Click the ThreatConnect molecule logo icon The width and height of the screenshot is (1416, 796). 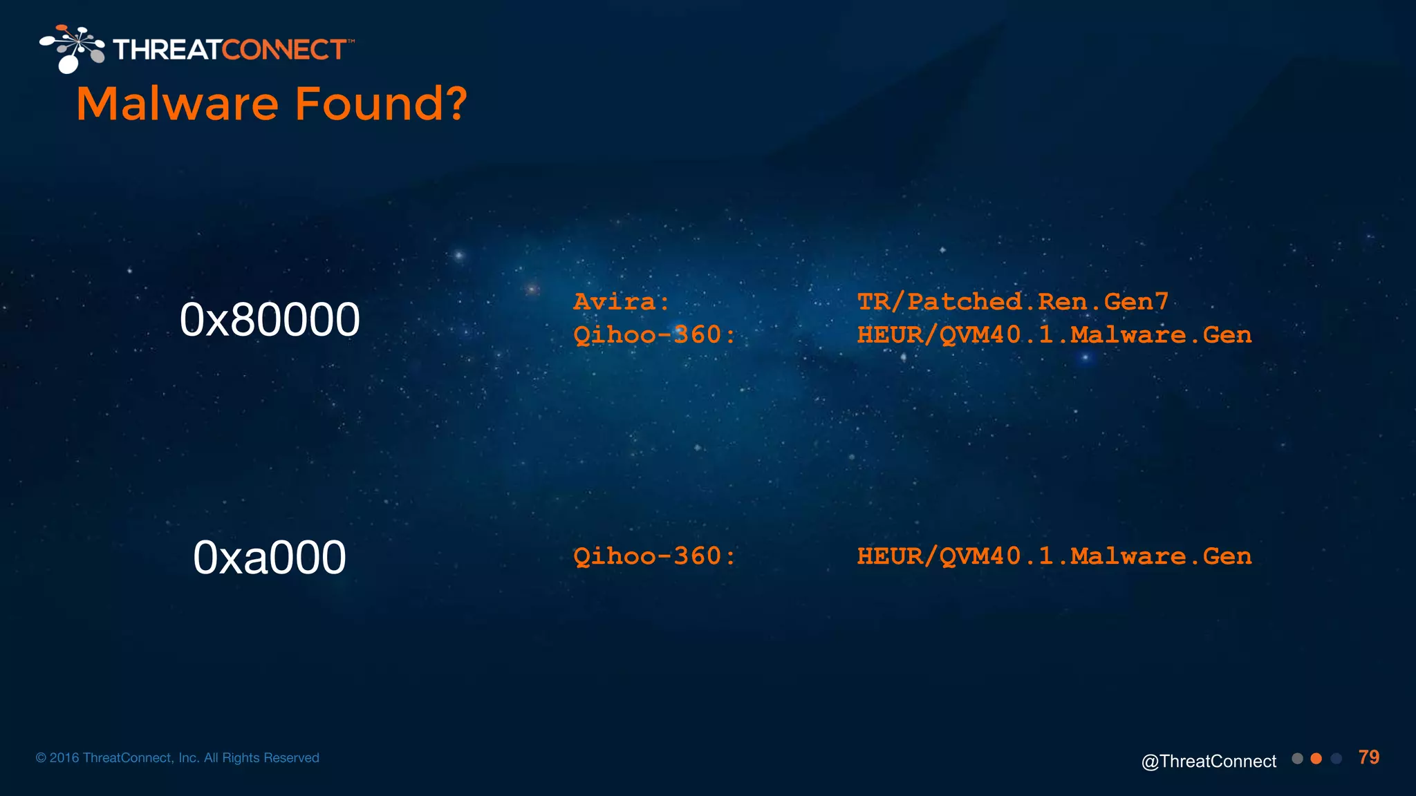click(73, 48)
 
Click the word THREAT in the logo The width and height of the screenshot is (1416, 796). click(167, 50)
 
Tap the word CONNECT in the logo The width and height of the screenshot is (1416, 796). click(283, 50)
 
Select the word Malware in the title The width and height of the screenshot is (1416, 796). click(178, 104)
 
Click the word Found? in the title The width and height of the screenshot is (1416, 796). click(382, 104)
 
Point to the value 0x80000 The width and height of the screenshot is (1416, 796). click(270, 320)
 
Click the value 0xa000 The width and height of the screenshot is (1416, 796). click(270, 558)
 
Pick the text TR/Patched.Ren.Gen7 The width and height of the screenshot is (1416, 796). click(1013, 302)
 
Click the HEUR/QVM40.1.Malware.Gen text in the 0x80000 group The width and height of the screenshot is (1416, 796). click(1054, 335)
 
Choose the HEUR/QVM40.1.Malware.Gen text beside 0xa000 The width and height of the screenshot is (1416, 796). click(1054, 556)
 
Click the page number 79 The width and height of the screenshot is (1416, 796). click(1369, 757)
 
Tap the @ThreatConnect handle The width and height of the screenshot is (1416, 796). click(1209, 761)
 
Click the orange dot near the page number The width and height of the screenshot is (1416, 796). click(1316, 759)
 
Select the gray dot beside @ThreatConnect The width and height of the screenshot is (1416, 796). click(1297, 759)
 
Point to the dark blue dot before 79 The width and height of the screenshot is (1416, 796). click(1336, 759)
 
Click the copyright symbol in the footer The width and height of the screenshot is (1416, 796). click(41, 758)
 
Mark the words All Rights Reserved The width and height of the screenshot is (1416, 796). click(261, 758)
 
